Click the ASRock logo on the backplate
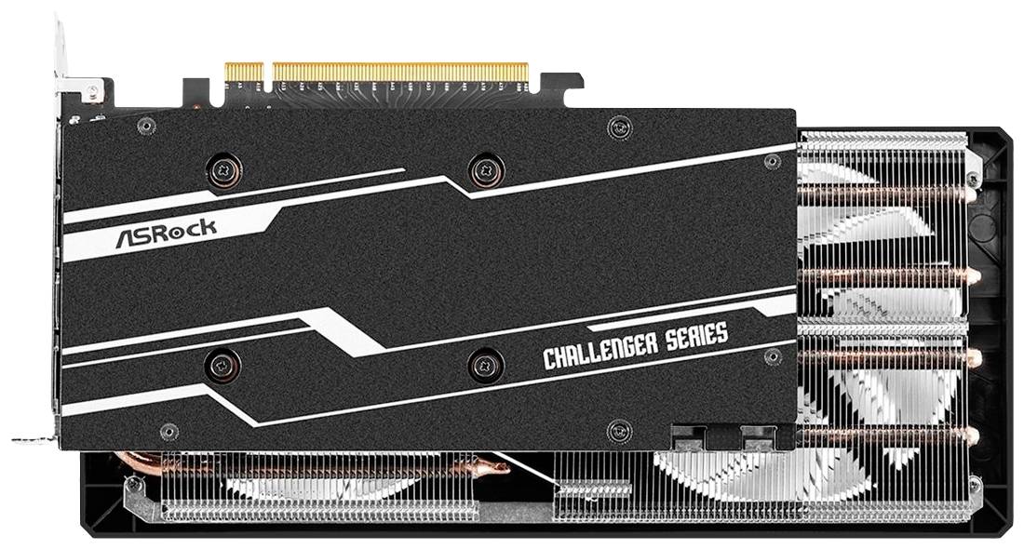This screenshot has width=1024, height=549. pos(166,234)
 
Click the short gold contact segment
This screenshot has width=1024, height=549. pos(244,72)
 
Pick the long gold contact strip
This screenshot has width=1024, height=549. pos(400,72)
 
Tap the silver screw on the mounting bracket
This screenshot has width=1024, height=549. pos(93,90)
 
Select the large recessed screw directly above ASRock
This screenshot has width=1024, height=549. pos(223,171)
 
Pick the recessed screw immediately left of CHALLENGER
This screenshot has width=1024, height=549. pos(485,364)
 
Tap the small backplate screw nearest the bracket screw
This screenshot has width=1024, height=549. pos(145,125)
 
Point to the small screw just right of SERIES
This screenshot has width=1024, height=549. pos(773,356)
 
